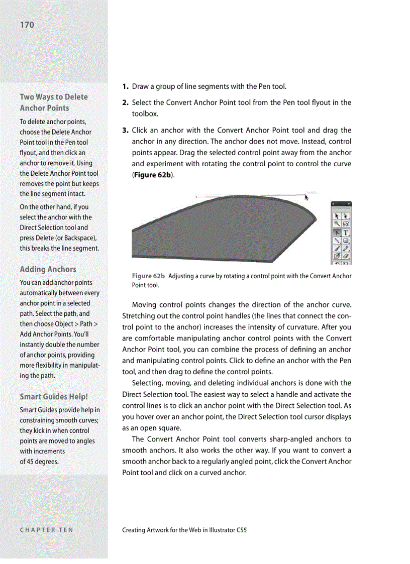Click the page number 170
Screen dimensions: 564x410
pos(27,25)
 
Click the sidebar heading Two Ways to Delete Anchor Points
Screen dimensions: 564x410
pos(53,102)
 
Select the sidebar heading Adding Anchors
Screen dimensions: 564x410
pos(48,269)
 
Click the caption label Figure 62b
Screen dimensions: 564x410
pos(148,276)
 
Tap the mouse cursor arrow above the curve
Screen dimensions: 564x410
pos(306,197)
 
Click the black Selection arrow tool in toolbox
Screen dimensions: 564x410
pos(337,214)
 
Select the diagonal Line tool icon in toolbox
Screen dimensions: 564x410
pos(337,241)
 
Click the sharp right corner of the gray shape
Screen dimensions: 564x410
pos(316,219)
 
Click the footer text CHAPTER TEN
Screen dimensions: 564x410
pos(46,530)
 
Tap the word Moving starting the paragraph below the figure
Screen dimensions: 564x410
pos(144,305)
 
